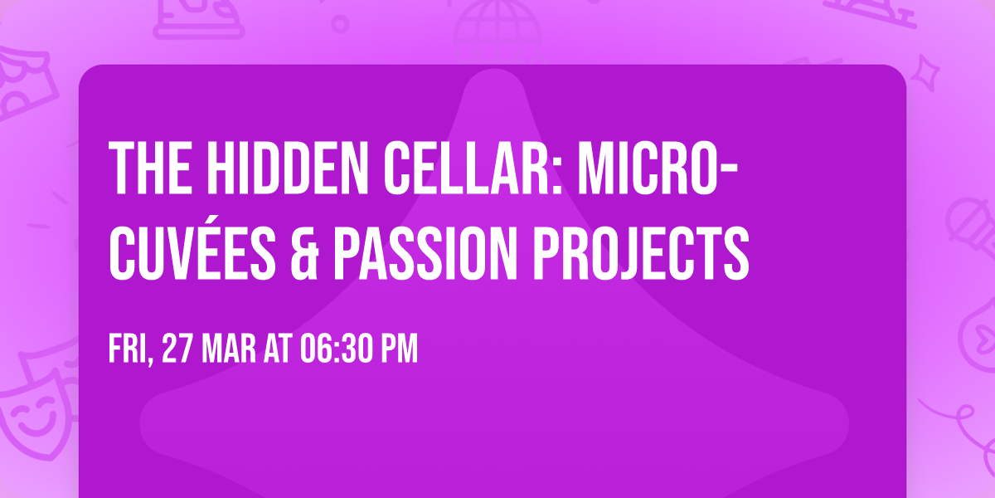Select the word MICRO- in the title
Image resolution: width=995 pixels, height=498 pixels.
pyautogui.click(x=658, y=168)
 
